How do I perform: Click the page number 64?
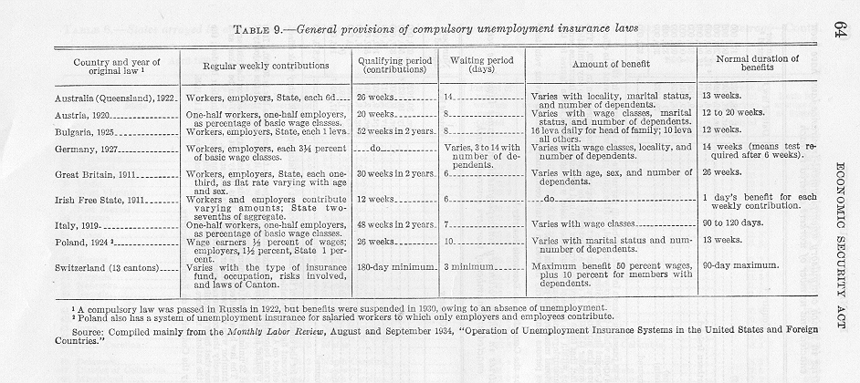coord(839,27)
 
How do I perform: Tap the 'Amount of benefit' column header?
coord(604,67)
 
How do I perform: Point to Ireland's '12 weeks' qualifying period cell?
coord(374,199)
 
